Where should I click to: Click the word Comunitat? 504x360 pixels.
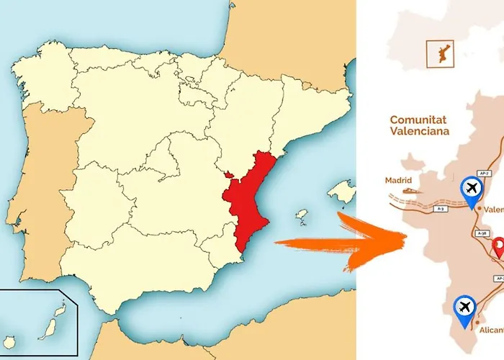click(x=418, y=120)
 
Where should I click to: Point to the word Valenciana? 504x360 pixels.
click(x=419, y=132)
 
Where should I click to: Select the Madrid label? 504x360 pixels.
click(x=398, y=181)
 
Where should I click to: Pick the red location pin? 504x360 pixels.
click(x=498, y=248)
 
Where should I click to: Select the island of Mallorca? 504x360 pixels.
click(x=341, y=191)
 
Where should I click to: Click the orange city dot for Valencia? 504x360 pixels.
click(x=477, y=210)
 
